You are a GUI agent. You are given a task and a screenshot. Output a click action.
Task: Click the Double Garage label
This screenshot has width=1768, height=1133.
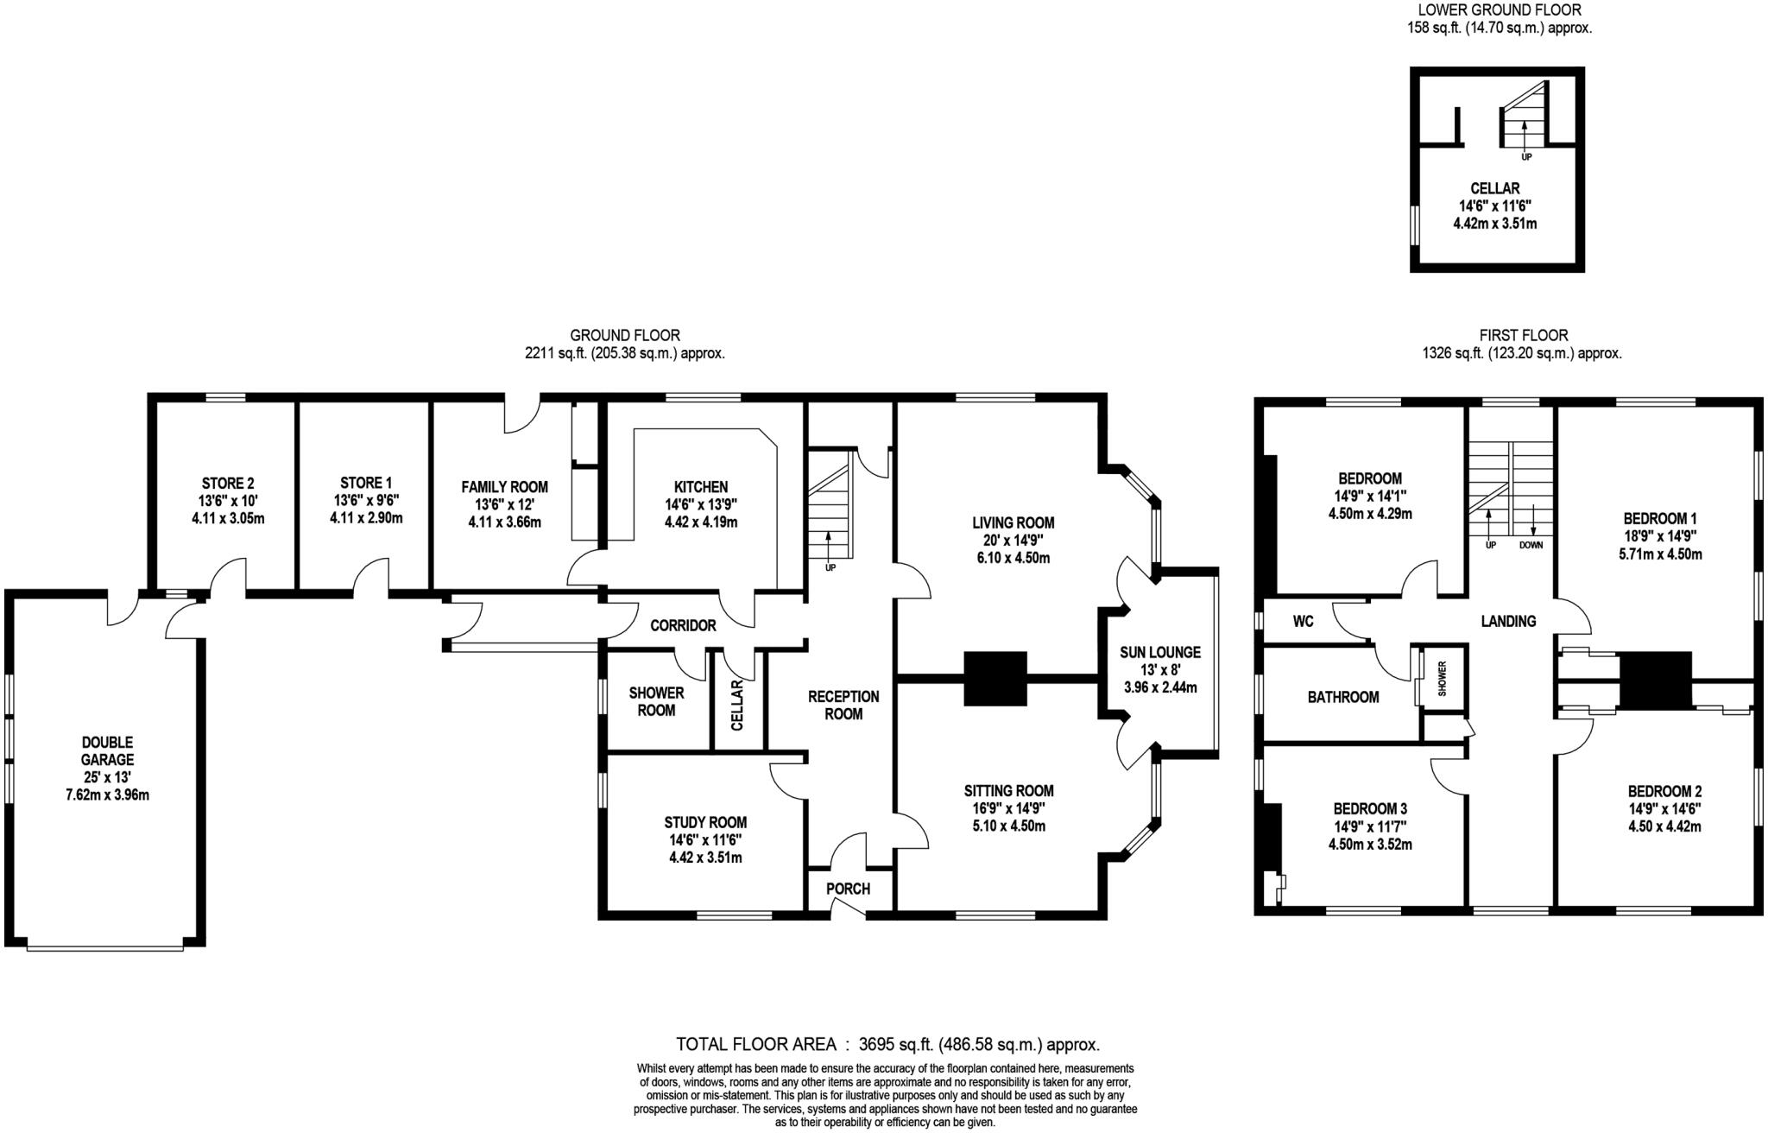point(108,751)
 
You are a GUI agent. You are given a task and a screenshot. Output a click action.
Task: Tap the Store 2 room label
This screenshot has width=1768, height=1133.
point(228,484)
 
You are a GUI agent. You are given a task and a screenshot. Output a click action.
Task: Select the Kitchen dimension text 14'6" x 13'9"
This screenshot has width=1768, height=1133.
point(701,505)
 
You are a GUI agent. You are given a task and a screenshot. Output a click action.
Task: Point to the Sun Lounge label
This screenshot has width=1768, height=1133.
point(1160,653)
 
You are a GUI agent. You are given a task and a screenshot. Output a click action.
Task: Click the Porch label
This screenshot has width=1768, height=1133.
point(848,889)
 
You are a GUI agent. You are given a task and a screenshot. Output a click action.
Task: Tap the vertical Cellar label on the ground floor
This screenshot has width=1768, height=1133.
point(737,705)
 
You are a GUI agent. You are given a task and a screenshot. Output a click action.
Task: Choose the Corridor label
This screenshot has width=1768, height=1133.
point(683,625)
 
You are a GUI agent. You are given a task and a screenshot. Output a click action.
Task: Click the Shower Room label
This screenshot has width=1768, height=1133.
point(656,701)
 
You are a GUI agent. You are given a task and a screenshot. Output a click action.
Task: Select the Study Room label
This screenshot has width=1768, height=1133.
point(705,823)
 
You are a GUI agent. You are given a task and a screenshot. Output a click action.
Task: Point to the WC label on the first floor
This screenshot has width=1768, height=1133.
point(1304,621)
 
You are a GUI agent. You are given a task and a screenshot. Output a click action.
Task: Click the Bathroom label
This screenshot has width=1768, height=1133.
point(1343,697)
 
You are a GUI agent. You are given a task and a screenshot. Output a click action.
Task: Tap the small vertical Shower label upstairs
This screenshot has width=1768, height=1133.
point(1442,679)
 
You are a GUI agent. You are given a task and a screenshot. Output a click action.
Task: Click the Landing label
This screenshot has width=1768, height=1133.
point(1508,621)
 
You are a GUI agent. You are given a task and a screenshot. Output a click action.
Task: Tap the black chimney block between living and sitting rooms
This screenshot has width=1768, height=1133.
point(995,679)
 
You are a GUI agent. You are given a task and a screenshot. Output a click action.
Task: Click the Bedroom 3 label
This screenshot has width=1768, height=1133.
point(1370,809)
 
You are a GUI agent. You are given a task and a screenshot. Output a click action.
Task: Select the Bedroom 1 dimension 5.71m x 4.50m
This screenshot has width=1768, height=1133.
point(1660,554)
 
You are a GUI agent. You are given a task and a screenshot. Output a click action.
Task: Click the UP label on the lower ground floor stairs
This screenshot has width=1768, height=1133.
point(1526,157)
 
